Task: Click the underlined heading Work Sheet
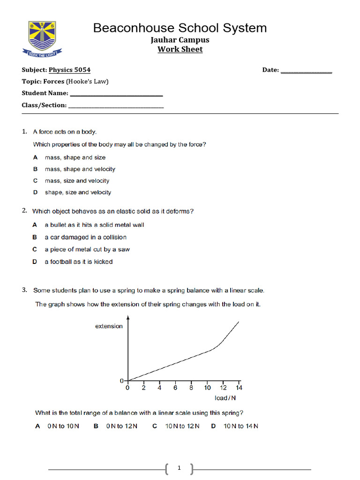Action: [x=180, y=49]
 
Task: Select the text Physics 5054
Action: [x=70, y=70]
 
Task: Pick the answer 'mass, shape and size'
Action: [x=75, y=157]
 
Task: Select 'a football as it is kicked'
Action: [x=78, y=262]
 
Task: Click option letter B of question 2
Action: [x=35, y=237]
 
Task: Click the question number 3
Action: [x=24, y=290]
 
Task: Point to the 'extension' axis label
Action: [x=109, y=326]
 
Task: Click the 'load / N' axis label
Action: [x=225, y=398]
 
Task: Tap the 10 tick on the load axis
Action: [x=207, y=388]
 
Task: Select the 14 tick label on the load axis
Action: [x=239, y=388]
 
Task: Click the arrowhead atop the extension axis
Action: [x=128, y=317]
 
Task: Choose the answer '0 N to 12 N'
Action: [x=122, y=426]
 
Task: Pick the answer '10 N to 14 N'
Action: [x=241, y=426]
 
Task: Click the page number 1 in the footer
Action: [x=180, y=468]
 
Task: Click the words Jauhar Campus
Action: [x=180, y=40]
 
